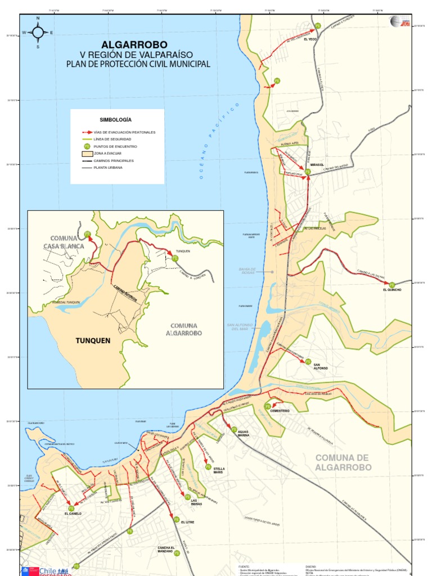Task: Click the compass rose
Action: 38,33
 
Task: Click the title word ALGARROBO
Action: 134,44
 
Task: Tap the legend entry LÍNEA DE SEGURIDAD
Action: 112,139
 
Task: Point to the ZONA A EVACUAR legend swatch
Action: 87,153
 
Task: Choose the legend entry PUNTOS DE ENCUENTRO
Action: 115,146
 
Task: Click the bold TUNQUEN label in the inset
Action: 93,340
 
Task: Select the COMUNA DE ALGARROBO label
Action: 343,462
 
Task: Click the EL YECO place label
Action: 310,39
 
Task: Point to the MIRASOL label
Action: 317,165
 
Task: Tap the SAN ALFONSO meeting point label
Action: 320,366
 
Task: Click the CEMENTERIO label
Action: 280,411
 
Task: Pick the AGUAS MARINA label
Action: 243,433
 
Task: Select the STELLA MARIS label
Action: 218,470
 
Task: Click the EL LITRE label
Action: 187,522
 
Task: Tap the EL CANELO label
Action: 73,514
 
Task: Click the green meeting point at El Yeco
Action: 317,26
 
